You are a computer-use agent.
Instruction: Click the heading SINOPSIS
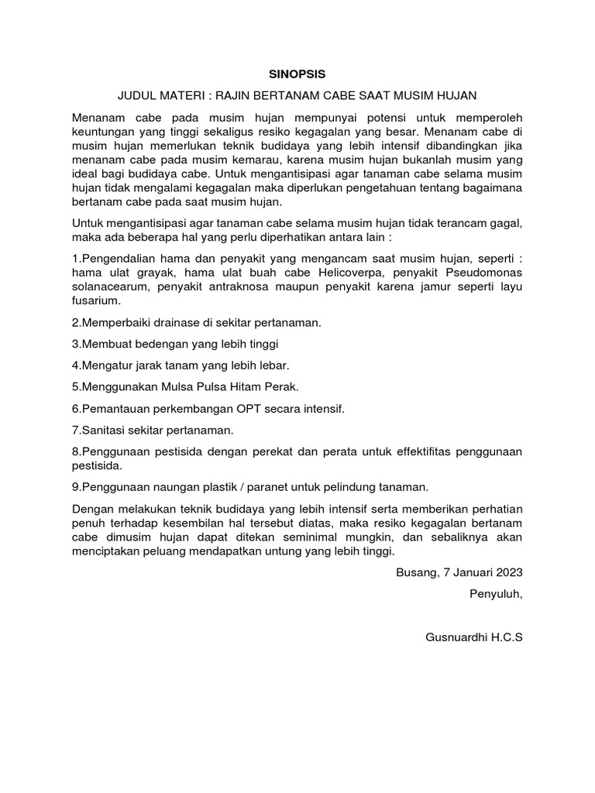click(297, 74)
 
